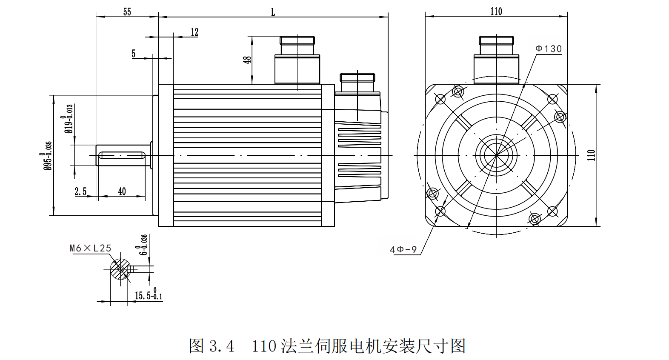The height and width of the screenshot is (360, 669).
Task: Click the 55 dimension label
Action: point(127,12)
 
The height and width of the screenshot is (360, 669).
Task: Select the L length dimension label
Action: point(273,12)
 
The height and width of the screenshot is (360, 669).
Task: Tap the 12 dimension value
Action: point(194,32)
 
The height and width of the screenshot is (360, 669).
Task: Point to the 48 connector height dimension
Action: point(247,60)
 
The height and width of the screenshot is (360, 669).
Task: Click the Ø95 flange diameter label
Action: point(48,156)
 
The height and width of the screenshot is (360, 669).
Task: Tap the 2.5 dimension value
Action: point(80,191)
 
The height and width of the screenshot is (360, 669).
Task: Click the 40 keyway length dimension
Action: point(122,191)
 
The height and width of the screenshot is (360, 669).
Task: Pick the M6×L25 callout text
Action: point(90,248)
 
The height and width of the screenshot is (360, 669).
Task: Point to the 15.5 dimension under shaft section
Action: point(148,295)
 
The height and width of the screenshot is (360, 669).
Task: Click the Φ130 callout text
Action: point(549,49)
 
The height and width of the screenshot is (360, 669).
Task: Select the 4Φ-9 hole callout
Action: point(403,250)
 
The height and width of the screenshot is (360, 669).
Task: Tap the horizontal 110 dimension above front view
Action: point(496,11)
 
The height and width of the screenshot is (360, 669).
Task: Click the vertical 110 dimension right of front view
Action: point(591,155)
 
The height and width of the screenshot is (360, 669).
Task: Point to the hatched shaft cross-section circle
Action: point(120,269)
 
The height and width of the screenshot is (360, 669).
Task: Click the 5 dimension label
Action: point(134,54)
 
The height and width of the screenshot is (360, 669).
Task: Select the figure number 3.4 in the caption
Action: point(222,346)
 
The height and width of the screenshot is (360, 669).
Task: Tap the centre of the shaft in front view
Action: point(496,155)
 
